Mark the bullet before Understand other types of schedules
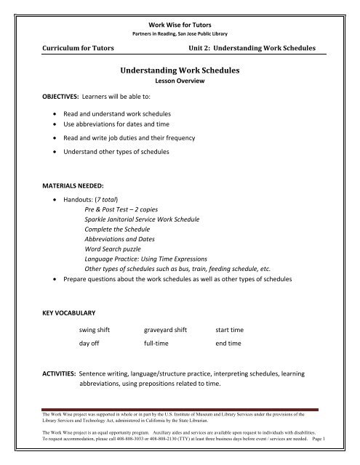(57, 153)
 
